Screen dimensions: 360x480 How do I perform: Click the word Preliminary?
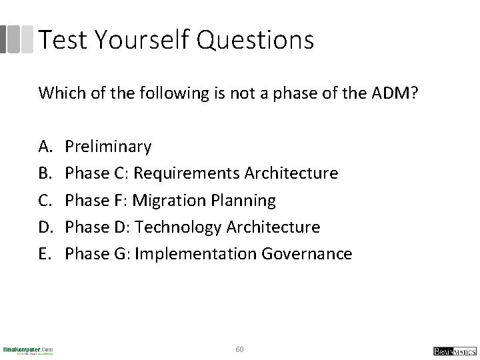[109, 146]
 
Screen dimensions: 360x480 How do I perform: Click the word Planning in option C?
[243, 200]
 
